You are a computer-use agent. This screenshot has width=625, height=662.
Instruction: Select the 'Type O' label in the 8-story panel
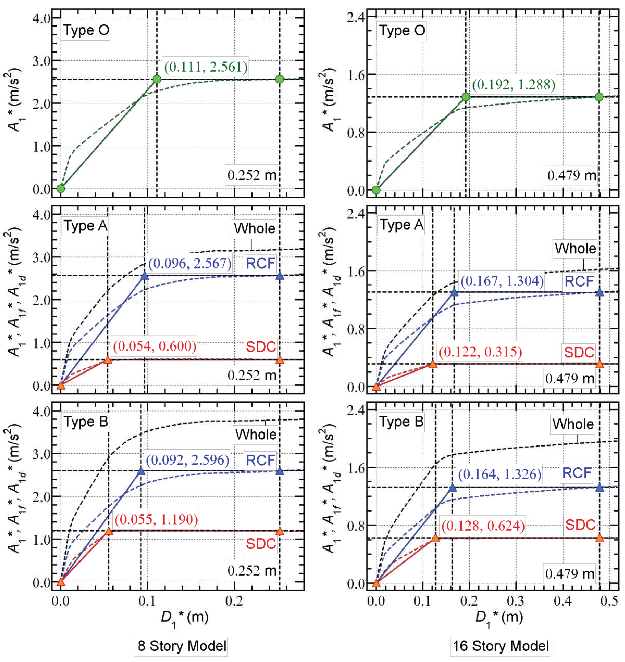(x=86, y=31)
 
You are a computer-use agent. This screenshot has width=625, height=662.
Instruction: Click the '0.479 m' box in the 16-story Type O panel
(x=571, y=175)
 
